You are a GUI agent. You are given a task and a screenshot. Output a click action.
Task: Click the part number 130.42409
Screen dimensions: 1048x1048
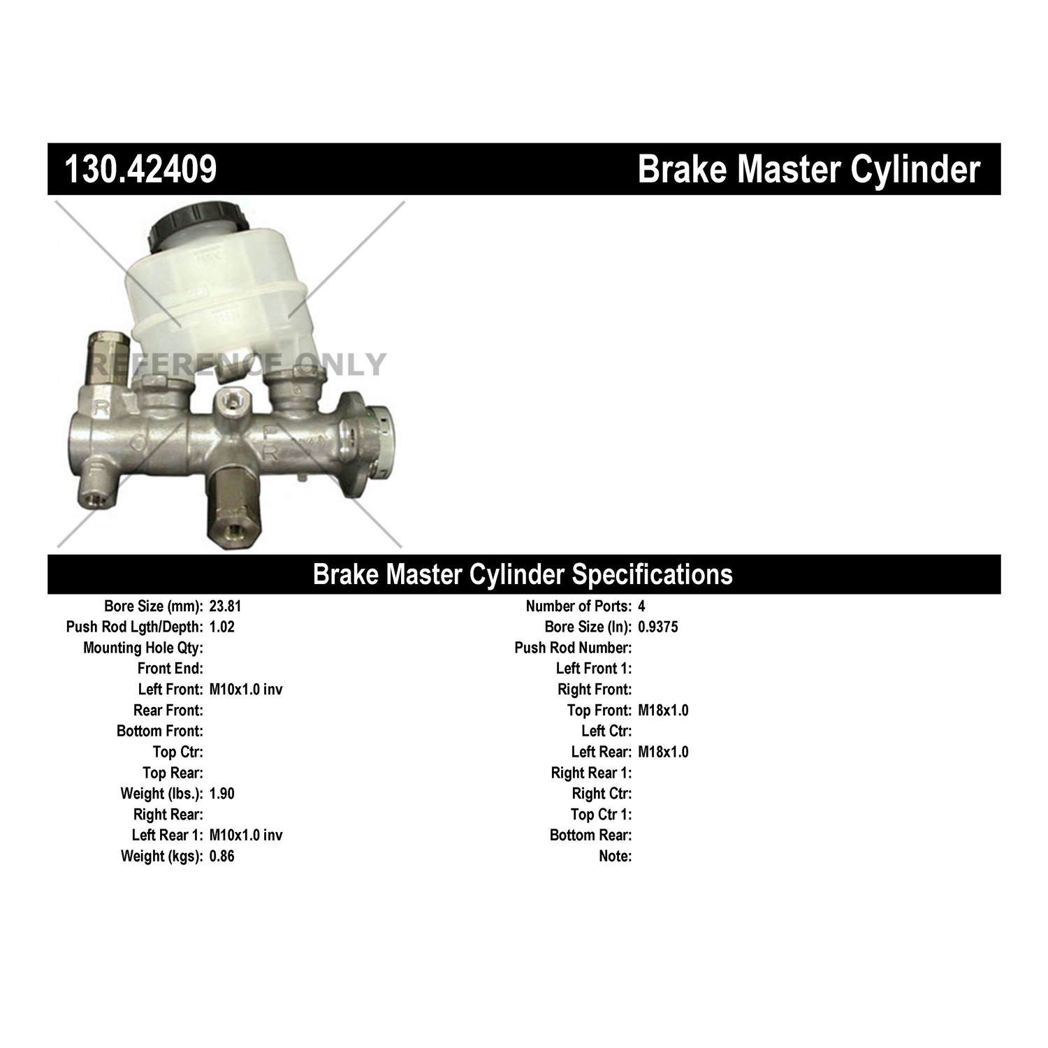[x=140, y=169]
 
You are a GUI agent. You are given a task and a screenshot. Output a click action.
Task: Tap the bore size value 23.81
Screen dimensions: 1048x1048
[x=225, y=606]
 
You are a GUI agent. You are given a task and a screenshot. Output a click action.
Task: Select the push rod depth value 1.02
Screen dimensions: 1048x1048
[x=222, y=627]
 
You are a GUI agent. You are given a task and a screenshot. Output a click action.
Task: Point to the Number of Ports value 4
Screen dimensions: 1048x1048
[x=641, y=606]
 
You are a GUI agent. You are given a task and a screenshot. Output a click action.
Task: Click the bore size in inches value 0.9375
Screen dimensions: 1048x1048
[x=657, y=627]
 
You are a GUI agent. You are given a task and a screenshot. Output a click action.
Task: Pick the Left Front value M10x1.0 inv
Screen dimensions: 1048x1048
[x=246, y=690]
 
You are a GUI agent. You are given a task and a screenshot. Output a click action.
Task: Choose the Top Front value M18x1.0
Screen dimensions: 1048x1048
[x=663, y=711]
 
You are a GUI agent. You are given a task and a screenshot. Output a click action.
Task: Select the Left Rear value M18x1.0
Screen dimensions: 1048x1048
[x=663, y=752]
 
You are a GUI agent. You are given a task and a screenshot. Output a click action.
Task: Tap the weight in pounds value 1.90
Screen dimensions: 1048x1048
[x=222, y=794]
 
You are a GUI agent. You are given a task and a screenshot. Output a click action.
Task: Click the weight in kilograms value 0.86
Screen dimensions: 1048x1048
[x=222, y=856]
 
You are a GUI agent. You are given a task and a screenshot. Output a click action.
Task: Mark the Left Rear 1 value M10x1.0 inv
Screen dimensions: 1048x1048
[x=246, y=835]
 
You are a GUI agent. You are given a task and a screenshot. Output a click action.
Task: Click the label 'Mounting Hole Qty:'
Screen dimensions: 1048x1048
[x=143, y=648]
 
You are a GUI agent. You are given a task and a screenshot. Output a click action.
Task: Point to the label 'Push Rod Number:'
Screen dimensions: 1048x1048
[x=573, y=648]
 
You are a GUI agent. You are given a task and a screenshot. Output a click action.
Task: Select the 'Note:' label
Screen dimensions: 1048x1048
[x=615, y=856]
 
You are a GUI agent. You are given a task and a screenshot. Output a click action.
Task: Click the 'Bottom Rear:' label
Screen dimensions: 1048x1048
[x=590, y=835]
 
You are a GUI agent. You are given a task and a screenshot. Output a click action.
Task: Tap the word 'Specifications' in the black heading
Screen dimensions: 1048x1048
[x=653, y=574]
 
